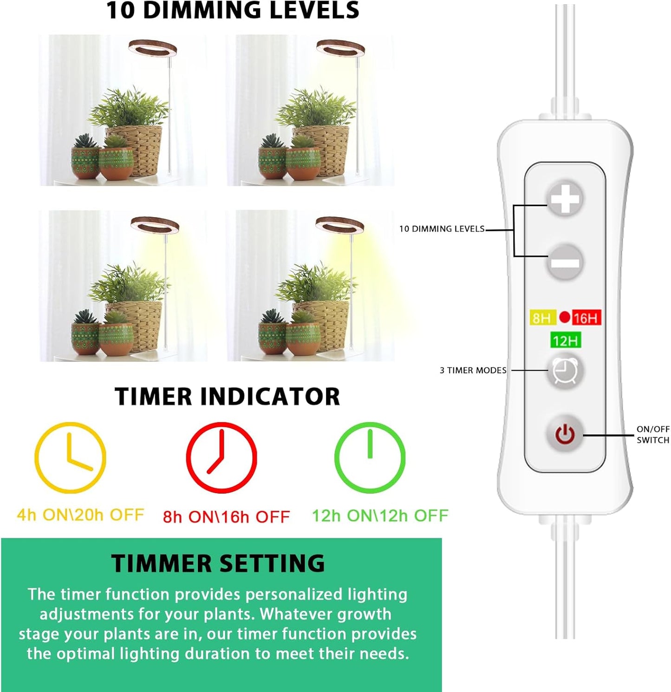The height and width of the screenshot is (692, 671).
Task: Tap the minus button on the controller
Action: [565, 262]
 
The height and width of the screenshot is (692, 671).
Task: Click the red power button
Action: [565, 434]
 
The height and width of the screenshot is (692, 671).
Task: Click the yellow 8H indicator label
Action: [541, 318]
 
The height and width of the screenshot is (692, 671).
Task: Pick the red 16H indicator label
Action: [586, 318]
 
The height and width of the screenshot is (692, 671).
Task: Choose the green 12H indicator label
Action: [565, 341]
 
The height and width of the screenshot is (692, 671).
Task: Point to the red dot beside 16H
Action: [565, 317]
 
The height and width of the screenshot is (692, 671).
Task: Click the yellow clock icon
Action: [71, 457]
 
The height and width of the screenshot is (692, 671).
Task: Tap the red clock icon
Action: [221, 457]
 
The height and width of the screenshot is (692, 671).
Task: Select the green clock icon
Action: [370, 457]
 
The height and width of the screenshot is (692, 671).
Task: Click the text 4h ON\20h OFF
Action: [80, 515]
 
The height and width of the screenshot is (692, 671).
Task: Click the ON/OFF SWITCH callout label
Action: [652, 435]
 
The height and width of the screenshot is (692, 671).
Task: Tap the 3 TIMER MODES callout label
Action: [473, 371]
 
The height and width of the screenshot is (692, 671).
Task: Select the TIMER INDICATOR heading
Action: [228, 397]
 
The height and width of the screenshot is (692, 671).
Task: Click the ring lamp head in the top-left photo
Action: [153, 48]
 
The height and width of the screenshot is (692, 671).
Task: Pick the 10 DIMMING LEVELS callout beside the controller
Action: [442, 229]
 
